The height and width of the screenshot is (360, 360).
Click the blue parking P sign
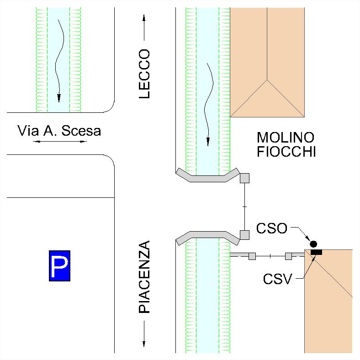[x=60, y=265]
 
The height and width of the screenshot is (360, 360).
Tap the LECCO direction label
[x=144, y=74]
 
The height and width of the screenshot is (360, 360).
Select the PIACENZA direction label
[x=144, y=277]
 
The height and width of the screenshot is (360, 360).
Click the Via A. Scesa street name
[x=59, y=131]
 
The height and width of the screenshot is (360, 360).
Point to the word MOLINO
[x=286, y=138]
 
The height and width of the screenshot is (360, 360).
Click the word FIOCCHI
[x=286, y=152]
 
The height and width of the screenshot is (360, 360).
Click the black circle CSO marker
[x=313, y=244]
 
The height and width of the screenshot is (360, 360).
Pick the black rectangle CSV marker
[x=316, y=252]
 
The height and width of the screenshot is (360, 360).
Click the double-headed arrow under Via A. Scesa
[x=60, y=142]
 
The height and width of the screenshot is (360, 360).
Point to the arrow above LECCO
[x=144, y=28]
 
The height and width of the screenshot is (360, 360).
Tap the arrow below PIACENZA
[x=144, y=334]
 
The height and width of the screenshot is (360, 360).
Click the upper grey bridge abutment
[x=208, y=175]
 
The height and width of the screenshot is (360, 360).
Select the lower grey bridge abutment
[x=208, y=236]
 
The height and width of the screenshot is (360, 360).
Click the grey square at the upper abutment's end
[x=245, y=178]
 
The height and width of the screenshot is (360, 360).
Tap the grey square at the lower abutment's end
[x=245, y=235]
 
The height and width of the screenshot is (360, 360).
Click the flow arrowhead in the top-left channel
[x=58, y=98]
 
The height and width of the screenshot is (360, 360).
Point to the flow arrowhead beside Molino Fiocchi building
[x=208, y=141]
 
